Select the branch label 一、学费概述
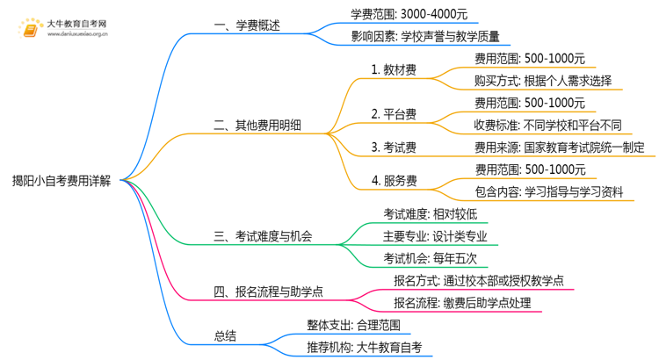[247, 26]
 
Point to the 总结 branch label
[225, 336]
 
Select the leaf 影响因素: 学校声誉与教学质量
[425, 37]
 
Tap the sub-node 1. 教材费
[393, 69]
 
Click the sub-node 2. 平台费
[393, 113]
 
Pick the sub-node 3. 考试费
[393, 147]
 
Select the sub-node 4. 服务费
[393, 181]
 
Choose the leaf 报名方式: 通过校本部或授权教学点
[479, 281]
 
